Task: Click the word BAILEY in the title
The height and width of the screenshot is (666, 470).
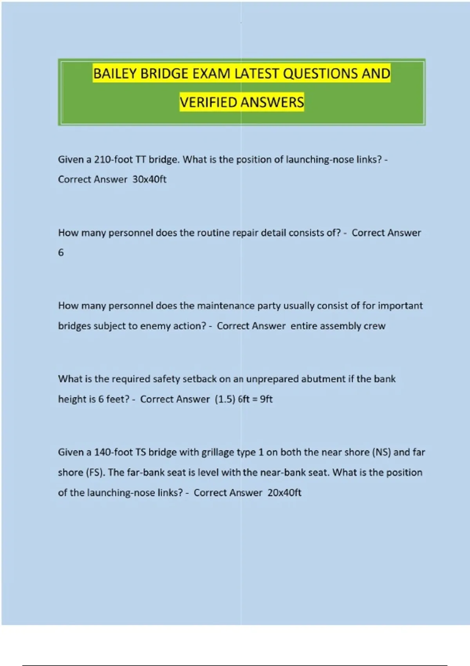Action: pos(114,74)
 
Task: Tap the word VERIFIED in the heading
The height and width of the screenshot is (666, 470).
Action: pos(208,102)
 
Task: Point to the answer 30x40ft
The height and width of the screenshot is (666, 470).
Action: pos(149,179)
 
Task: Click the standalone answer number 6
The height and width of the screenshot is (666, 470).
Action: pos(61,253)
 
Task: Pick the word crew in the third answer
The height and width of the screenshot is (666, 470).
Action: pos(374,326)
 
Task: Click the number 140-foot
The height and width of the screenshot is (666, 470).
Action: pos(113,452)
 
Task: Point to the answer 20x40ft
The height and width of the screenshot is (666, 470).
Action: pos(284,493)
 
